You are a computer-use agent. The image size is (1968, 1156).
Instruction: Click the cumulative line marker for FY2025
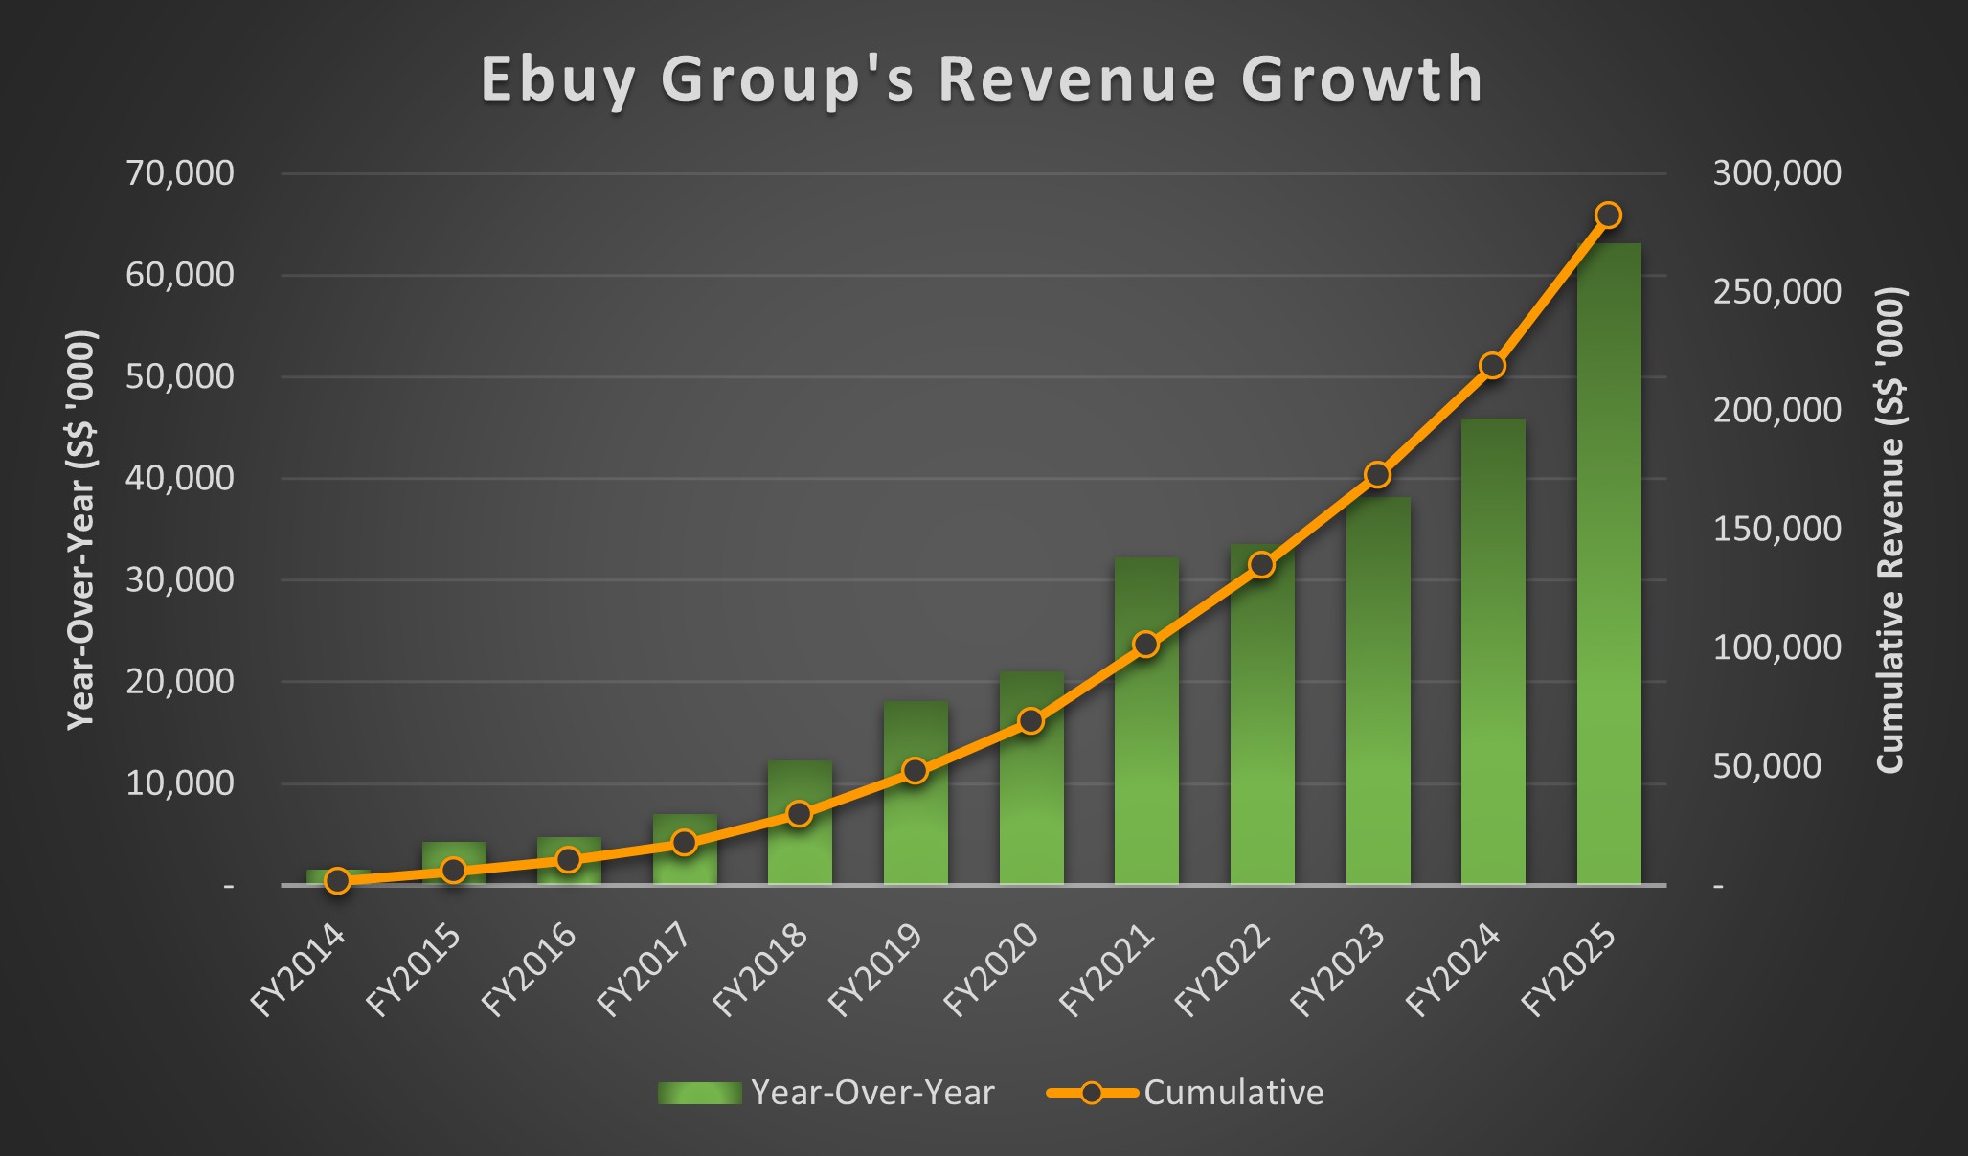[1609, 215]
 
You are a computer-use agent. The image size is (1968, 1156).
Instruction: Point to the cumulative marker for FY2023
[1377, 475]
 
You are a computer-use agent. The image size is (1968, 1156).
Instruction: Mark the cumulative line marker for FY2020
[1030, 721]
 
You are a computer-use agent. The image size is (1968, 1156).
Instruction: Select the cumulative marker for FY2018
[800, 814]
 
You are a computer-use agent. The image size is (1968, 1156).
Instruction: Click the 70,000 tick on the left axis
[180, 173]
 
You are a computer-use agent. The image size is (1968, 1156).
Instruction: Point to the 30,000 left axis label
[180, 579]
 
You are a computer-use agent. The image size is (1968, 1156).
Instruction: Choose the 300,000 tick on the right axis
[1776, 173]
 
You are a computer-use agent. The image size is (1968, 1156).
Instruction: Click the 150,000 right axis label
[1776, 529]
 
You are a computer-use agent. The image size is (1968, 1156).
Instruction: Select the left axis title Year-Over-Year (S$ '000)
[81, 530]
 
